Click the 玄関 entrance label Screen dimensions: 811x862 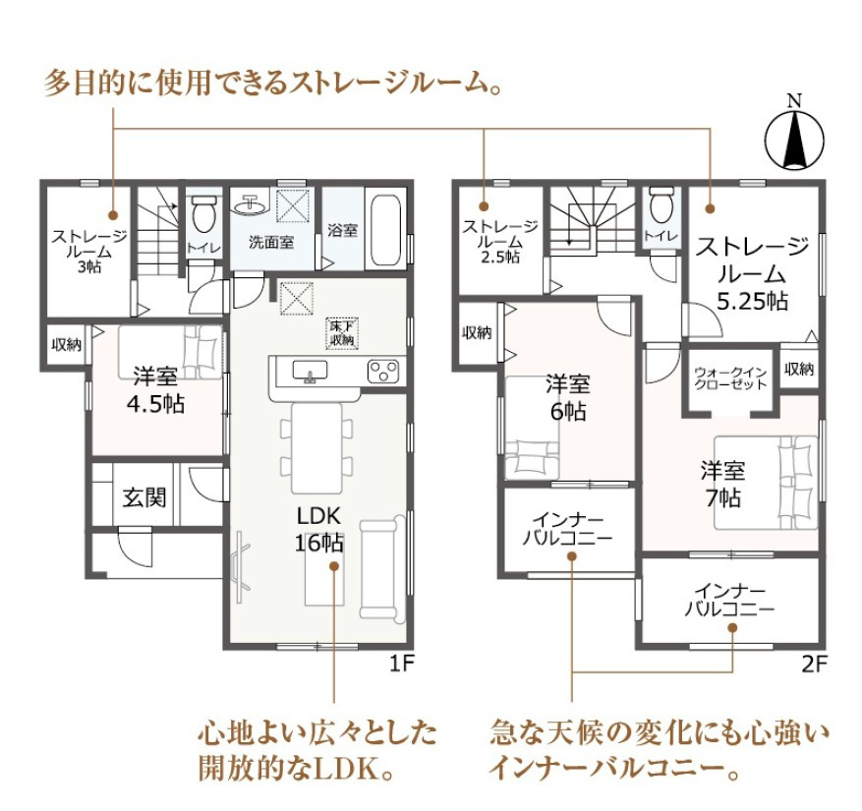[144, 497]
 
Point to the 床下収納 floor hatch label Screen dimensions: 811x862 [342, 333]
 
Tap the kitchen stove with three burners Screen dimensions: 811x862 [383, 371]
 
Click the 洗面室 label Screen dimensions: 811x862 [270, 242]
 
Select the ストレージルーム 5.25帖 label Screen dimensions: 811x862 [752, 272]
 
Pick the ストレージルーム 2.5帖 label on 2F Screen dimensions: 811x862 [500, 240]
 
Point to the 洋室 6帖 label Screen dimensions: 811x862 [567, 397]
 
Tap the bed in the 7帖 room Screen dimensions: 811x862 [767, 482]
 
